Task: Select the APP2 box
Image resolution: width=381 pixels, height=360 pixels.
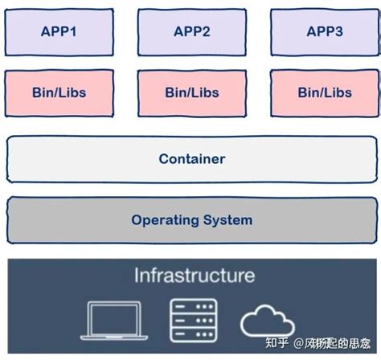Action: (x=191, y=32)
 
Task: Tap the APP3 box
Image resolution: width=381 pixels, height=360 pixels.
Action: (x=324, y=32)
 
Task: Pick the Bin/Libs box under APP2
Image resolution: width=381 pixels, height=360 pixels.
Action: (x=191, y=92)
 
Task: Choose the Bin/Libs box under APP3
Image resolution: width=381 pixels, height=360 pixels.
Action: (x=324, y=92)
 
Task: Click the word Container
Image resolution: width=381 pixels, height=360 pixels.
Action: (x=191, y=159)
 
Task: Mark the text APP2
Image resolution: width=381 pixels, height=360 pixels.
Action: (x=191, y=32)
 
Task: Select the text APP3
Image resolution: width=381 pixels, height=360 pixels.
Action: (x=324, y=32)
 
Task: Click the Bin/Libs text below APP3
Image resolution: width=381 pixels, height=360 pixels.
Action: (x=324, y=92)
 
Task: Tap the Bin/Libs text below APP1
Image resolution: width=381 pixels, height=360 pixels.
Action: (x=59, y=92)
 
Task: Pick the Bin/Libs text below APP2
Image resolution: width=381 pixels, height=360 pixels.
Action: (x=191, y=92)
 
